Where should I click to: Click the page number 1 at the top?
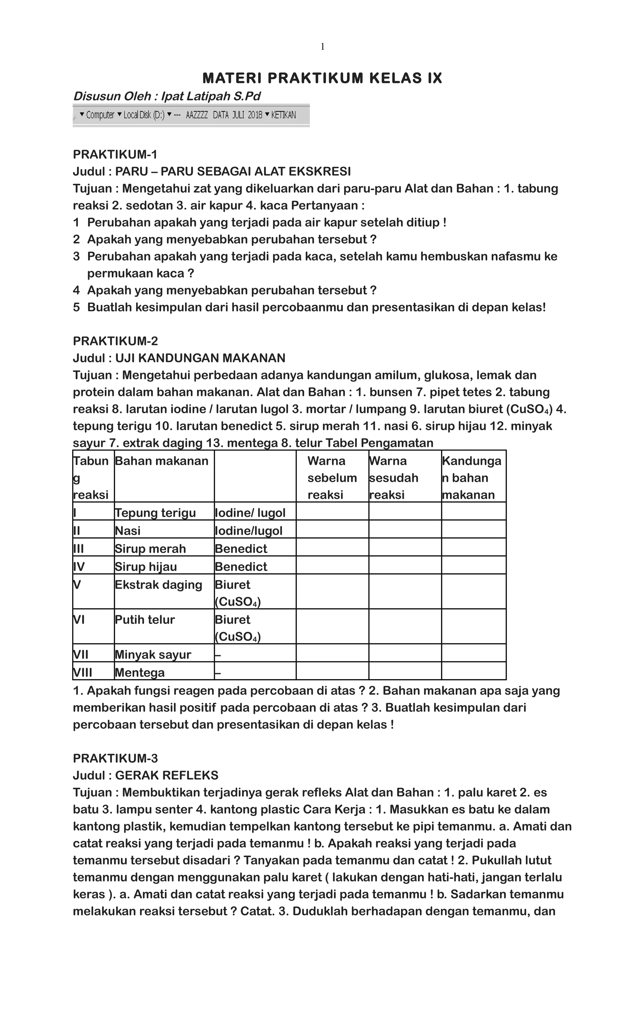coord(322,47)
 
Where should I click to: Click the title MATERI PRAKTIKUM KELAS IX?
coord(322,78)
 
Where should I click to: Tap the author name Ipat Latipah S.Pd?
coord(211,96)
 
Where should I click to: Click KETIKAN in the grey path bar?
coord(283,115)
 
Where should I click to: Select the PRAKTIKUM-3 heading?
coord(115,758)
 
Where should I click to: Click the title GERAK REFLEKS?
coord(167,775)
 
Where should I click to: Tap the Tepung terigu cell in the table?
coord(155,513)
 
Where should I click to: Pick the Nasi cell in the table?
coord(128,531)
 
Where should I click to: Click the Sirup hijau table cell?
coord(146,566)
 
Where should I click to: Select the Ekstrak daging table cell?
coord(159,585)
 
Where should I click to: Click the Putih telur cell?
coord(145,619)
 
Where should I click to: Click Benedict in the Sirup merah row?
coord(241,549)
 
